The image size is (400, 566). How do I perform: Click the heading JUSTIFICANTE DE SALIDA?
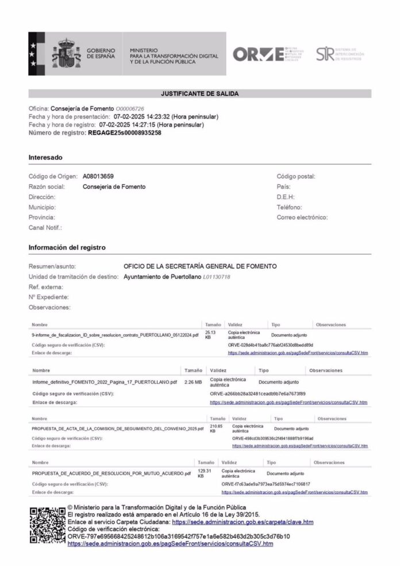pyautogui.click(x=199, y=93)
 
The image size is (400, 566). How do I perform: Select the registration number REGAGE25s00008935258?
pyautogui.click(x=125, y=132)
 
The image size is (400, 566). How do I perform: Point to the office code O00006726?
pyautogui.click(x=130, y=109)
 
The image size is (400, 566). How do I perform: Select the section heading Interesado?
pyautogui.click(x=45, y=157)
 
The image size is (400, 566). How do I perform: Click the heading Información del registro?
pyautogui.click(x=67, y=247)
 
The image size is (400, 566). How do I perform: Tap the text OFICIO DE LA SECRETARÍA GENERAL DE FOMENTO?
pyautogui.click(x=200, y=266)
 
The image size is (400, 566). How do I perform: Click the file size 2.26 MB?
pyautogui.click(x=193, y=381)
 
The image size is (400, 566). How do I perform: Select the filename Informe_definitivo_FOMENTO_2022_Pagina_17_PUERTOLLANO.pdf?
pyautogui.click(x=105, y=381)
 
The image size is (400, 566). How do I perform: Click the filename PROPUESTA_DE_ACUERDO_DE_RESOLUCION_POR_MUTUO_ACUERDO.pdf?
pyautogui.click(x=111, y=473)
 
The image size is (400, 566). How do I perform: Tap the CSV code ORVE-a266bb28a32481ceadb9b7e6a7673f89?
pyautogui.click(x=261, y=393)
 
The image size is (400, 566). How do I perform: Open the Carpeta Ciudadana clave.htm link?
pyautogui.click(x=243, y=522)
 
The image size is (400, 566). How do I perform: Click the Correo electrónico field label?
pyautogui.click(x=302, y=217)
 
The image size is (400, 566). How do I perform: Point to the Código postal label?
pyautogui.click(x=296, y=176)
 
